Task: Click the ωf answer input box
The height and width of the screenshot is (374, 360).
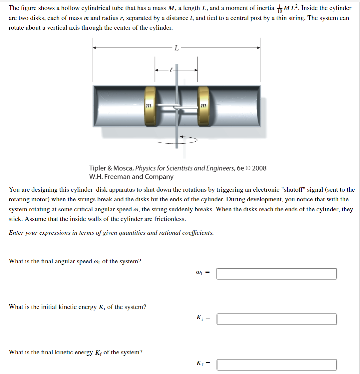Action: [276, 274]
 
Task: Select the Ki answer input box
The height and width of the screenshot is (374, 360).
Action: [276, 319]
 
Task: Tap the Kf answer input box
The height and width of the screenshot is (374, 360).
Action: [276, 365]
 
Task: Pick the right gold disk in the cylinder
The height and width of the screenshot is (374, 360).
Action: [203, 106]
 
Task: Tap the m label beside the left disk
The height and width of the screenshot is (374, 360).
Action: [148, 105]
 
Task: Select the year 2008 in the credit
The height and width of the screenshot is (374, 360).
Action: [259, 168]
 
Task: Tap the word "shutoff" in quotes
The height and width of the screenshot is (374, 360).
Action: [297, 190]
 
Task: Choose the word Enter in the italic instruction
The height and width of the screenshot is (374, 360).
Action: [16, 233]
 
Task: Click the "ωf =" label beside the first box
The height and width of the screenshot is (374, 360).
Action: [203, 273]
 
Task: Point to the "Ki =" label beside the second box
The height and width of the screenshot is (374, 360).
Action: [203, 318]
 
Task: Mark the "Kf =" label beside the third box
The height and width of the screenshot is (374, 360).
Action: [203, 364]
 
